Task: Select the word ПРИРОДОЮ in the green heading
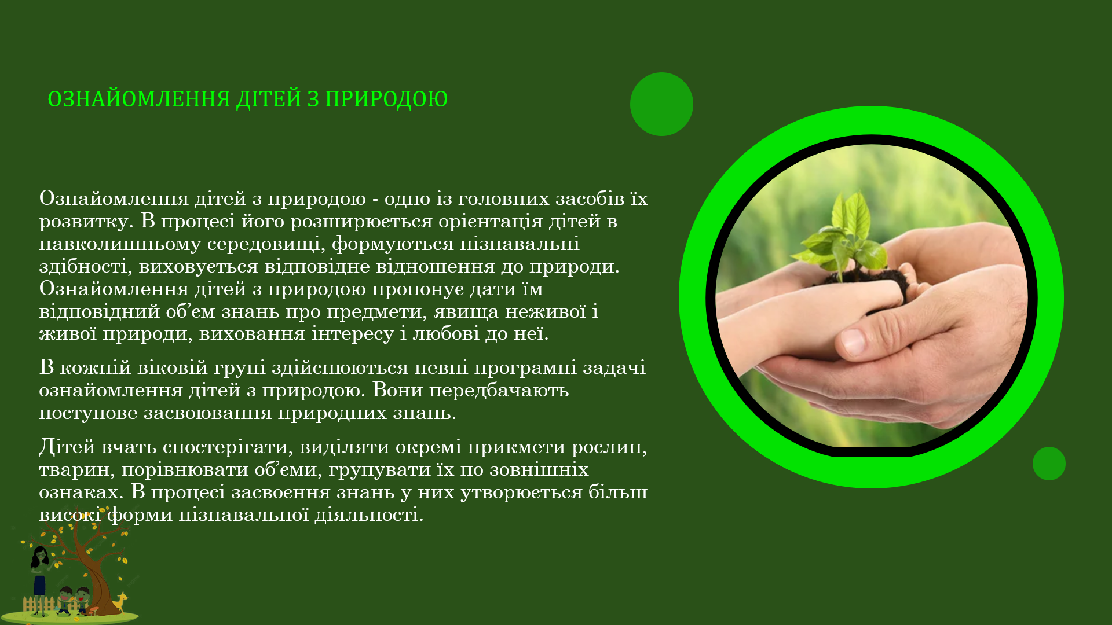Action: click(x=386, y=99)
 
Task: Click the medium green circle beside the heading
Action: click(x=661, y=104)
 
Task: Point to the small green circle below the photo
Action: click(x=1049, y=464)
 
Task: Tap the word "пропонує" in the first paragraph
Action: click(x=418, y=289)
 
